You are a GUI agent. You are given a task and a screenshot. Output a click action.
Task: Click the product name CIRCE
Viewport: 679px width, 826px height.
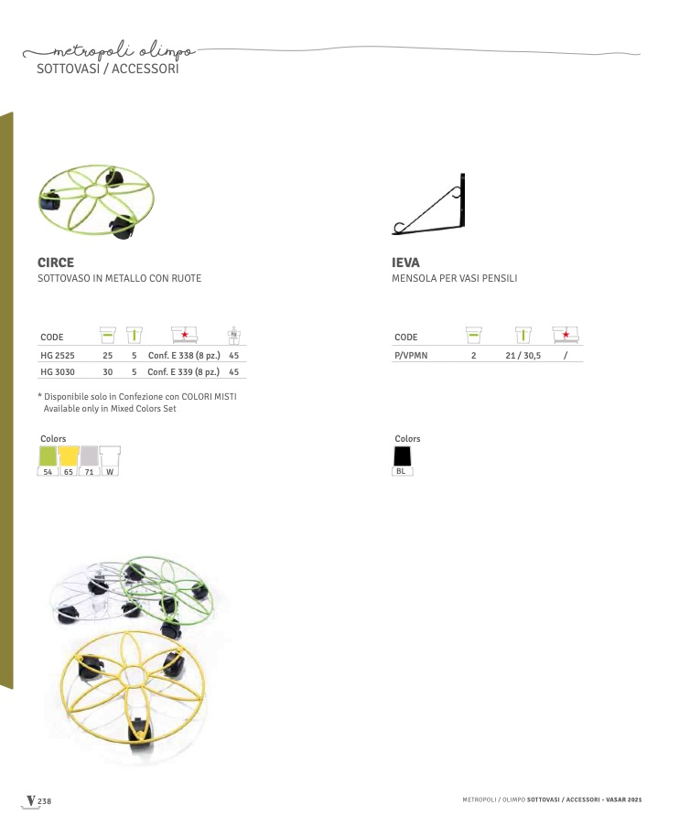pyautogui.click(x=55, y=263)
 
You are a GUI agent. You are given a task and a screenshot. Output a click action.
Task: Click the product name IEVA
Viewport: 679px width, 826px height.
pyautogui.click(x=405, y=263)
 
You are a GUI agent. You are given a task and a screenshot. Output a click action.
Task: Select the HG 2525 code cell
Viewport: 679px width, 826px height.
pyautogui.click(x=58, y=356)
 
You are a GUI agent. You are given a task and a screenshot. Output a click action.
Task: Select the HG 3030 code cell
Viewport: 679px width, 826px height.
pyautogui.click(x=58, y=372)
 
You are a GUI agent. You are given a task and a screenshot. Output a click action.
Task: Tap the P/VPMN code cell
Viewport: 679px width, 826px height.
pyautogui.click(x=411, y=356)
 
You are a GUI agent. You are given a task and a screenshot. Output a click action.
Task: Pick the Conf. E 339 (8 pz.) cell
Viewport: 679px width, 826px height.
pyautogui.click(x=183, y=372)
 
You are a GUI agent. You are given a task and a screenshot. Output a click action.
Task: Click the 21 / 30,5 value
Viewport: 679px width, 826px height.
pyautogui.click(x=523, y=356)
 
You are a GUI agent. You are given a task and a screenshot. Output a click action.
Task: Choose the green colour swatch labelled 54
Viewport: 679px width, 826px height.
pyautogui.click(x=48, y=456)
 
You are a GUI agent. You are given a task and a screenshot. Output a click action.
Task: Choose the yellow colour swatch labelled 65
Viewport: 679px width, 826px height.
pyautogui.click(x=69, y=456)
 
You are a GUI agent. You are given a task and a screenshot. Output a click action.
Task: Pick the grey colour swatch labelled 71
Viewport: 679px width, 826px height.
pyautogui.click(x=90, y=456)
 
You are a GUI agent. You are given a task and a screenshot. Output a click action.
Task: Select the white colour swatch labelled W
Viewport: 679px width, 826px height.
pyautogui.click(x=110, y=456)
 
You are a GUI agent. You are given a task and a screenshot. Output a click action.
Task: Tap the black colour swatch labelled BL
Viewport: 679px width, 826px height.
pyautogui.click(x=403, y=456)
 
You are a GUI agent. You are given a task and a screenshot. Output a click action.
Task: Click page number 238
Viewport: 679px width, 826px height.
pyautogui.click(x=44, y=801)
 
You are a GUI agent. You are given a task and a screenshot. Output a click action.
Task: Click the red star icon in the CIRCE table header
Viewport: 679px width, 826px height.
pyautogui.click(x=185, y=335)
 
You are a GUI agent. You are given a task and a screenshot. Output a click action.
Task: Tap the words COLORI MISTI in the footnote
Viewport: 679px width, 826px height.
pyautogui.click(x=209, y=397)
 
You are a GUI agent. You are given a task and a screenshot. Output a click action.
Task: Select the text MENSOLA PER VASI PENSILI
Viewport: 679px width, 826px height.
pyautogui.click(x=455, y=278)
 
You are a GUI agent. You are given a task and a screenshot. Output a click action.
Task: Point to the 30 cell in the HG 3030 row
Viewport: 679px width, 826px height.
pyautogui.click(x=108, y=372)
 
